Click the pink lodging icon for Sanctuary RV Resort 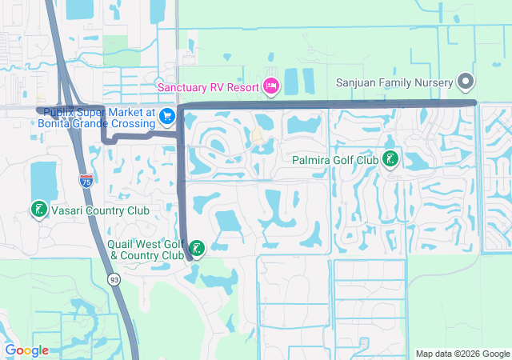(270, 86)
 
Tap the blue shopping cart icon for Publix (166, 117)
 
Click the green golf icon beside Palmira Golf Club (390, 160)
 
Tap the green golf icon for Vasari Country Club (38, 210)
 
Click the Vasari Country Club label (99, 210)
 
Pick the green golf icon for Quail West (195, 247)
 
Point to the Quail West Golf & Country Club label (146, 250)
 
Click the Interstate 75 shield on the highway (86, 181)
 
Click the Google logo (26, 350)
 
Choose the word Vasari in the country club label (66, 210)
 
